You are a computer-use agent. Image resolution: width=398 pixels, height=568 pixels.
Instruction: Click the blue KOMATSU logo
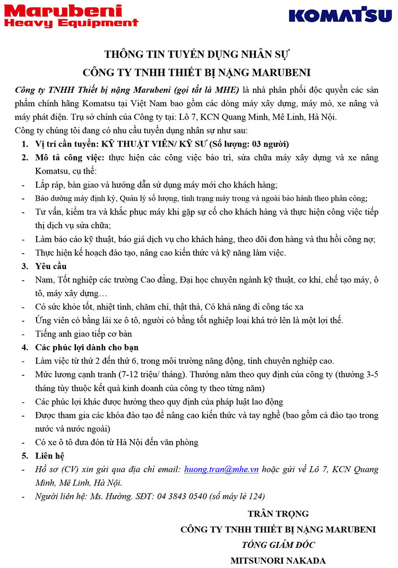pyautogui.click(x=340, y=15)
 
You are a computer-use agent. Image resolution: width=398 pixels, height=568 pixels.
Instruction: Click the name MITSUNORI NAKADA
pyautogui.click(x=278, y=560)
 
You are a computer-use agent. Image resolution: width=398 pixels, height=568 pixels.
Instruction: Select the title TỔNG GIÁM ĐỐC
pyautogui.click(x=278, y=545)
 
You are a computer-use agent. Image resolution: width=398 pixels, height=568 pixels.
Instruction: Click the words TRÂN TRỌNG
pyautogui.click(x=278, y=514)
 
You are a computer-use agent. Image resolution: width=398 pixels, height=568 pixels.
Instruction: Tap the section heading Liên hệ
pyautogui.click(x=50, y=455)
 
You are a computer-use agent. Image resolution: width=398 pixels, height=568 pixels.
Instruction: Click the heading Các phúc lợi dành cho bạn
pyautogui.click(x=87, y=347)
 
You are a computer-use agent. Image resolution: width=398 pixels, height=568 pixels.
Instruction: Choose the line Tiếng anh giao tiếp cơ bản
pyautogui.click(x=83, y=334)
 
